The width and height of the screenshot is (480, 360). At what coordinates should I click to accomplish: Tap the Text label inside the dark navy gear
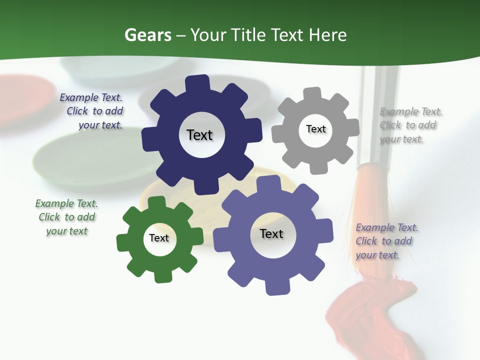click(199, 135)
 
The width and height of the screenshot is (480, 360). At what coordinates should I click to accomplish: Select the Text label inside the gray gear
click(315, 129)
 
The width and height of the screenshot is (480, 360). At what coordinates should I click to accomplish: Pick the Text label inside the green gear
click(159, 238)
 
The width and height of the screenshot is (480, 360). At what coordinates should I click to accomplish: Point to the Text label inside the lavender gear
click(271, 233)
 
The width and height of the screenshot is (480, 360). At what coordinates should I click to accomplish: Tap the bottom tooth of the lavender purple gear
click(276, 287)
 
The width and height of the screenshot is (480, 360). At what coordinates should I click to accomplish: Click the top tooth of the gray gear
click(312, 93)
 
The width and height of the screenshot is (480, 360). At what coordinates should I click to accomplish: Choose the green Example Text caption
click(66, 217)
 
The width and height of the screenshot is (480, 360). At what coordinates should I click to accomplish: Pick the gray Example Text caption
click(410, 125)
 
